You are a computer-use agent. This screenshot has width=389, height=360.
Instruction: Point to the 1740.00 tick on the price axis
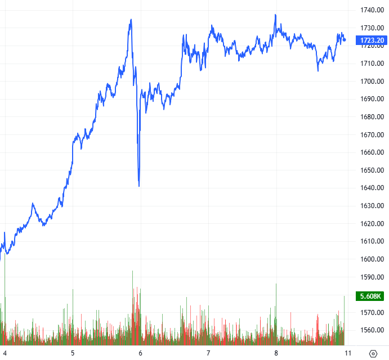(x=373, y=10)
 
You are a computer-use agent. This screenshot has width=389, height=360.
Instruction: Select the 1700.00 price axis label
(x=373, y=82)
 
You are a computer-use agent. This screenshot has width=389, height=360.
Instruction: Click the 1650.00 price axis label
(x=373, y=170)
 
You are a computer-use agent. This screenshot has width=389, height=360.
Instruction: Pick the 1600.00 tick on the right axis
(x=373, y=259)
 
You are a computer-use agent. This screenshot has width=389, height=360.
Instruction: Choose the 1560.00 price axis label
(x=373, y=330)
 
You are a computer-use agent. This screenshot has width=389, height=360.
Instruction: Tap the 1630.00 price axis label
(x=373, y=206)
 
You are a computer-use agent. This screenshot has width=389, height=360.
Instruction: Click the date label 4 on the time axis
(x=5, y=353)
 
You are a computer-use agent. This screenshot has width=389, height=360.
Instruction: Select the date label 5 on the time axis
(x=73, y=353)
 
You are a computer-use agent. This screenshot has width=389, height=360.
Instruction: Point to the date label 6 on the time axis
(x=141, y=353)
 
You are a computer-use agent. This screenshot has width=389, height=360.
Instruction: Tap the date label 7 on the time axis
(x=208, y=353)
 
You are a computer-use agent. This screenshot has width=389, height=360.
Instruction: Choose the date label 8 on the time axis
(x=276, y=353)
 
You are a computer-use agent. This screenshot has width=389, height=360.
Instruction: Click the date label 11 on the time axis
(x=348, y=353)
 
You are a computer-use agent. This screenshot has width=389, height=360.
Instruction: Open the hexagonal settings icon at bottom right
(x=373, y=353)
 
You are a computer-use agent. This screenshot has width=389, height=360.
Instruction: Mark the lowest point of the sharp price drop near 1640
(x=139, y=186)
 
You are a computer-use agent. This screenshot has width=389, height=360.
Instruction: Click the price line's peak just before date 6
(x=131, y=20)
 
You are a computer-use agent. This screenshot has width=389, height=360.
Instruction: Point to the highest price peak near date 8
(x=275, y=15)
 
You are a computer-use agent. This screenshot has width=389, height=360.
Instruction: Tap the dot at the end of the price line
(x=345, y=39)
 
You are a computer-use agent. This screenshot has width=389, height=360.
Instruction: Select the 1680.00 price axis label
(x=373, y=117)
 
